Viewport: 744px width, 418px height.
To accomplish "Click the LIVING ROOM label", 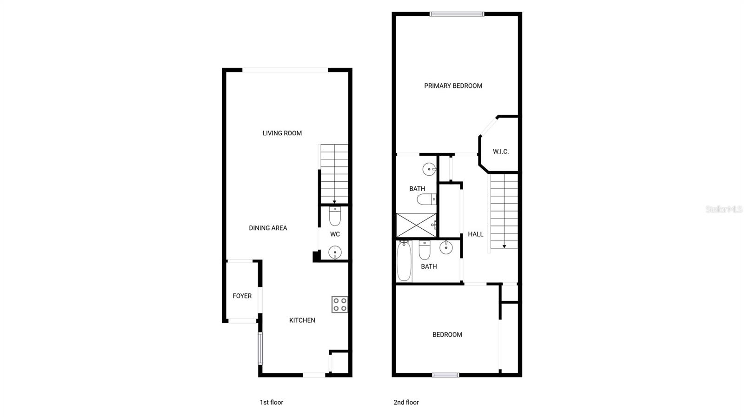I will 282,133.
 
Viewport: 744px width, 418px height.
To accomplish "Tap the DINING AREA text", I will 268,228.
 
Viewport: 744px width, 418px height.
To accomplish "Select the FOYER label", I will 242,296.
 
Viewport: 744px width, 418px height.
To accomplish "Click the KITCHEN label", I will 302,320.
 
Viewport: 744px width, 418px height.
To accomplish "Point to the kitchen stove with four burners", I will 340,305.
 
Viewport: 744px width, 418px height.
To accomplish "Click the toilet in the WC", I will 335,216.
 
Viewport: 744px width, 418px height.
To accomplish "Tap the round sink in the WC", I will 335,252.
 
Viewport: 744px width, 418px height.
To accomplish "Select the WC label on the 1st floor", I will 335,234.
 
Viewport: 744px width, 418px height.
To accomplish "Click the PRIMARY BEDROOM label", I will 453,86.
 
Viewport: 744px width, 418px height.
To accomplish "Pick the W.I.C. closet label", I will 501,152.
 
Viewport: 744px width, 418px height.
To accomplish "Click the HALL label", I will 476,234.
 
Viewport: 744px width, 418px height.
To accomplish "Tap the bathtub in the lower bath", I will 404,261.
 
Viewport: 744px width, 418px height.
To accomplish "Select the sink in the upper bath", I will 429,169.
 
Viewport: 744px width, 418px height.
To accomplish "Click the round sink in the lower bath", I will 446,247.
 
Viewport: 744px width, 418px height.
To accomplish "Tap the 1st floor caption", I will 271,402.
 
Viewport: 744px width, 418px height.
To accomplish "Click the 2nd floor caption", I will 406,402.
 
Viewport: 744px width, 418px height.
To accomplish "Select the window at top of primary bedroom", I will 457,14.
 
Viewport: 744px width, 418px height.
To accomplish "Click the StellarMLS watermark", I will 724,209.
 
